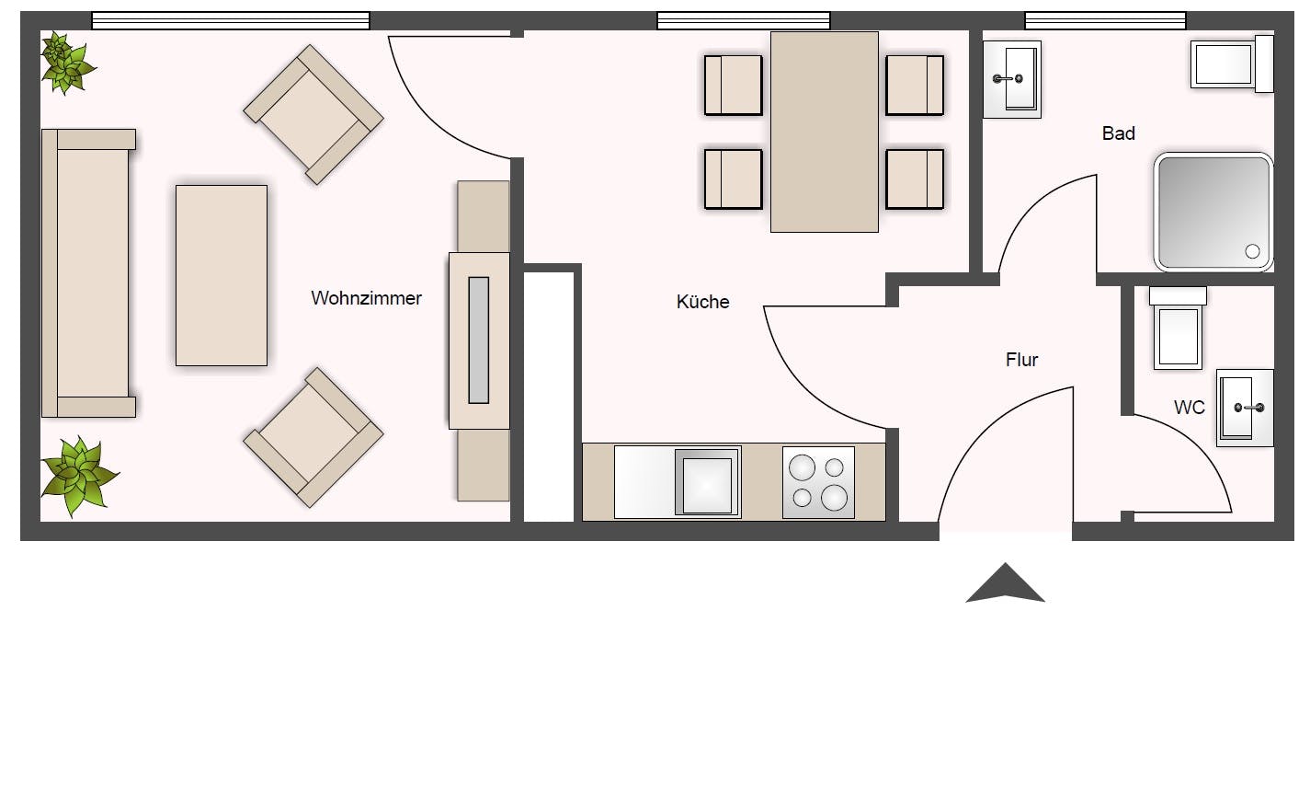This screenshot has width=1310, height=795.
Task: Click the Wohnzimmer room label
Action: coord(366,298)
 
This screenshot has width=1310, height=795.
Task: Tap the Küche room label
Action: coord(702,302)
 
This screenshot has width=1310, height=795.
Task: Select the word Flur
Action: coord(1021,360)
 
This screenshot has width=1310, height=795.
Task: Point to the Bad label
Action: coord(1118,133)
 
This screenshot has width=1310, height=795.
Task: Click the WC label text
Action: coord(1189,408)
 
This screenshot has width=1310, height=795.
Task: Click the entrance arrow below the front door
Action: coord(1005,583)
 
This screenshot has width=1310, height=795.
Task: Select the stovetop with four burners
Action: coord(818,482)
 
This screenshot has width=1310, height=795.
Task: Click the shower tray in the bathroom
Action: coord(1213,212)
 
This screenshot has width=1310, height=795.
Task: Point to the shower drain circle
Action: coord(1251,251)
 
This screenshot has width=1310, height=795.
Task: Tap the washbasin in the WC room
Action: coord(1245,408)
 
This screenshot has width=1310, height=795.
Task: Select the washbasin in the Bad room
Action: coord(1011,79)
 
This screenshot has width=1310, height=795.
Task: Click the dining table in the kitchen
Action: coord(824,132)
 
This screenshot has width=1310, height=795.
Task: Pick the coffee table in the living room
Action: coord(222,275)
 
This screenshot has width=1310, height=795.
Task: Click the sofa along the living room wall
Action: coord(86,273)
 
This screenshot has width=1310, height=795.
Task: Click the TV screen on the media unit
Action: coord(478,340)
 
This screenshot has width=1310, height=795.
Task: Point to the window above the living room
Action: coord(231,20)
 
